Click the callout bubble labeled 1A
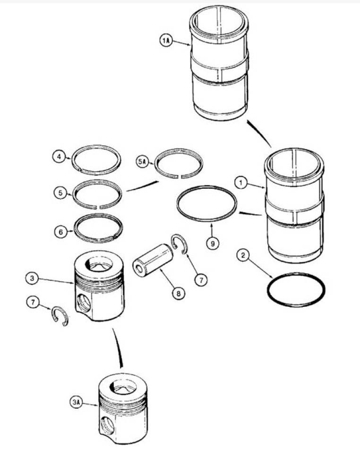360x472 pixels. (x=166, y=42)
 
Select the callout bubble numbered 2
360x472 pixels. (x=243, y=256)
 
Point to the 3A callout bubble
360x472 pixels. (x=77, y=402)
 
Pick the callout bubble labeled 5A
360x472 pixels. (x=143, y=161)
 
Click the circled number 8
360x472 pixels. (x=179, y=293)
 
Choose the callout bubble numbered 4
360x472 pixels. (x=58, y=156)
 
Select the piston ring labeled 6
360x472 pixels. (x=99, y=226)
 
